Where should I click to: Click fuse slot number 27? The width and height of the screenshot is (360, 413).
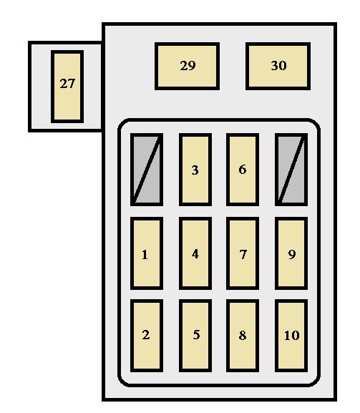tap(67, 87)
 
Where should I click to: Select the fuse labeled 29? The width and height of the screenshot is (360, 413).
tap(187, 66)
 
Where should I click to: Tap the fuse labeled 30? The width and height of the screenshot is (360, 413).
tap(278, 66)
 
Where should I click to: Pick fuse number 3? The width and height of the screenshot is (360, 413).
tap(195, 170)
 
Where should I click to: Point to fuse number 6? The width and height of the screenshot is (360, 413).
tap(243, 170)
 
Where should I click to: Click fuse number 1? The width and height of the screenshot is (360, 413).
tap(147, 253)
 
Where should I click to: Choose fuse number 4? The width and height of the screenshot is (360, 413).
tap(195, 253)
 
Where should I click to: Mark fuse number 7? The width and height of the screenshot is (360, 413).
tap(243, 253)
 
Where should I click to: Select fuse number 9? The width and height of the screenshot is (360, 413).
tap(291, 253)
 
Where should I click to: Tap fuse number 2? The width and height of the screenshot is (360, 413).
tap(147, 336)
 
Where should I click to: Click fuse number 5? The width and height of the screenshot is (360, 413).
tap(195, 336)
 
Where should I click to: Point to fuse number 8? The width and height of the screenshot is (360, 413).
tap(243, 336)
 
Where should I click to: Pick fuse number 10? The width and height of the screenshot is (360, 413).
tap(291, 336)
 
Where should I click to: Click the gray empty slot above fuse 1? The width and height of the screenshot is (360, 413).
tap(147, 170)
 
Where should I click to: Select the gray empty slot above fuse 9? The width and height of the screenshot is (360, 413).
tap(291, 170)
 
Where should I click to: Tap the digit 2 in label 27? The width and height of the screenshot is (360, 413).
tap(64, 84)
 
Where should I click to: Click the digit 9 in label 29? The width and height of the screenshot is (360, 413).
tap(192, 66)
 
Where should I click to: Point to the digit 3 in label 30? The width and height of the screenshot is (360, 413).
tap(275, 66)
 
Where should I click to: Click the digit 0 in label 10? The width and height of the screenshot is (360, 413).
tap(296, 335)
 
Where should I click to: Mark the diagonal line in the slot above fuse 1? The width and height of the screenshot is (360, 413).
tap(147, 170)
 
